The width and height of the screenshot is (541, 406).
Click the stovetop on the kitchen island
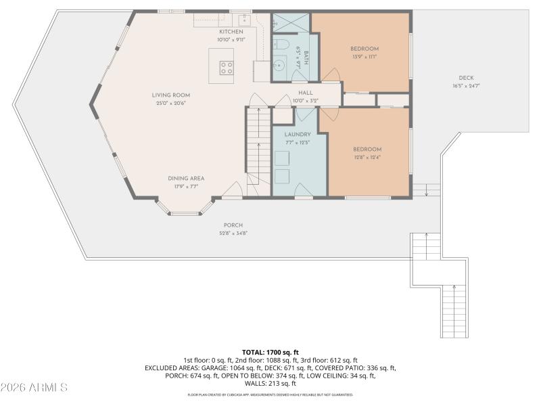(x=227, y=67)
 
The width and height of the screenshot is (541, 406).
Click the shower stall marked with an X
(x=290, y=23)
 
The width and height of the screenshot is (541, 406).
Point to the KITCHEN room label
(x=230, y=32)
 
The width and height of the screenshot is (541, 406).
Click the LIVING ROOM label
(x=170, y=95)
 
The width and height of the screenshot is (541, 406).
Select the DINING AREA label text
(x=186, y=179)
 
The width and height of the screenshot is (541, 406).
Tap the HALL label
(x=305, y=93)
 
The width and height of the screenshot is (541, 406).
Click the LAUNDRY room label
(x=298, y=135)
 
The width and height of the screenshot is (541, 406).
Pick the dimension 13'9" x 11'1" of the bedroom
(x=364, y=57)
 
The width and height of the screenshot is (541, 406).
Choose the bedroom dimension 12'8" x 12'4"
(x=367, y=157)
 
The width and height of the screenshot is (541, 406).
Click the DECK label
(x=465, y=78)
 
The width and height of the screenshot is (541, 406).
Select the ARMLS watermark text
(x=34, y=388)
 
